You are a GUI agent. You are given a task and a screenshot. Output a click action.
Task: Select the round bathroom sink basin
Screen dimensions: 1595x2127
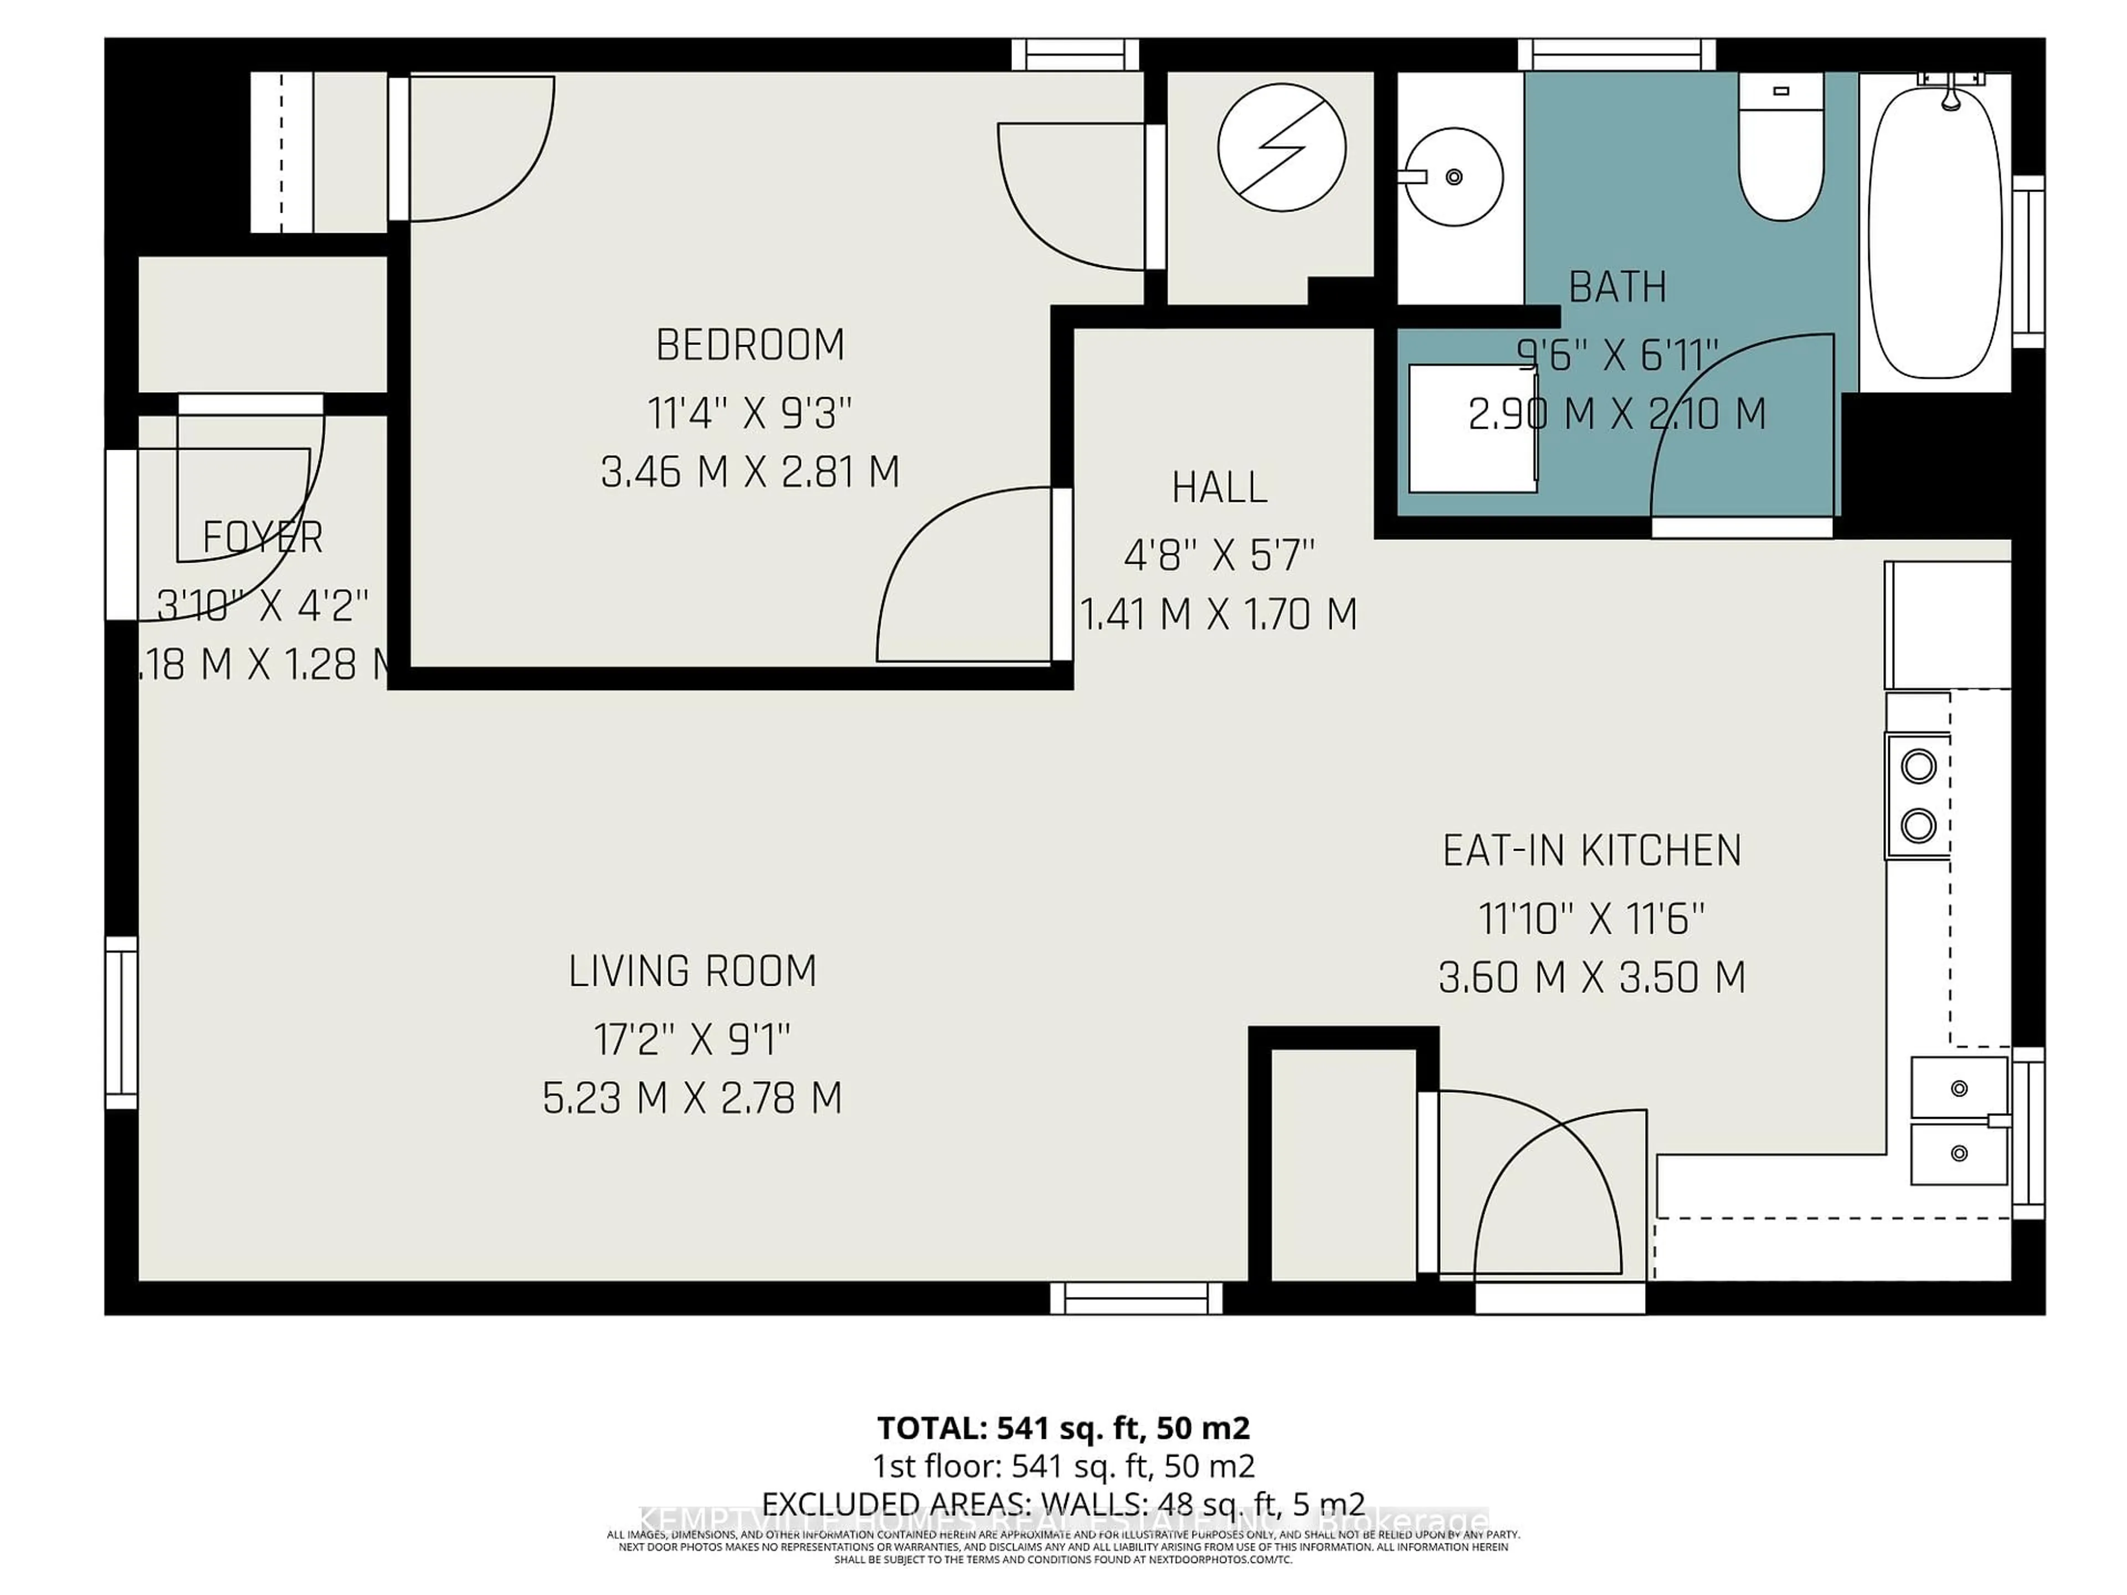tap(1454, 177)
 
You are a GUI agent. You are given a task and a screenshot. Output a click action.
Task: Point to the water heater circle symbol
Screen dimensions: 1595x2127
tap(1282, 147)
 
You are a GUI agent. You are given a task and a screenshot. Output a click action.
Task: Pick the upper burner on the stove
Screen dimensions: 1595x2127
tap(1918, 767)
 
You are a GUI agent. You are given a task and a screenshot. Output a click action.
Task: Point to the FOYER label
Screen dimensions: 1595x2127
tap(263, 537)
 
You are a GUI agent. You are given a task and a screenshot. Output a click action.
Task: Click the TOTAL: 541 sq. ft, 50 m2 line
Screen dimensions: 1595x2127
tap(1063, 1428)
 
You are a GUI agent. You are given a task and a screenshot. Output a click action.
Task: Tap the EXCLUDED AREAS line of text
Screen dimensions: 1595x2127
tap(1063, 1503)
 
